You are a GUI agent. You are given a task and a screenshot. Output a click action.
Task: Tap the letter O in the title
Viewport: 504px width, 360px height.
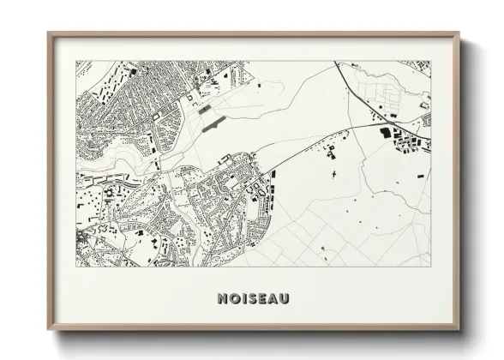tap(235, 298)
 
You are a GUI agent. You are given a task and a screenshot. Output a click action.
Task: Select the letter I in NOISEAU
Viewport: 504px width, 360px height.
tap(243, 298)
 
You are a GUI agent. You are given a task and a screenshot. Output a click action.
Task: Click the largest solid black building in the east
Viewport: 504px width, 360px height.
tap(385, 132)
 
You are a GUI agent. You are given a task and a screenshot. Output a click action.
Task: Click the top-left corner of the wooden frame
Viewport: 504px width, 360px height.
tap(48, 33)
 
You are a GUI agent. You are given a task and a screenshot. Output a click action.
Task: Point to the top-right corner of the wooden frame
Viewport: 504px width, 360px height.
tap(459, 33)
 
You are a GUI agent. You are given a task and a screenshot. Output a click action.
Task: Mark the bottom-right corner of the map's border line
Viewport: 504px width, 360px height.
tap(430, 266)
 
